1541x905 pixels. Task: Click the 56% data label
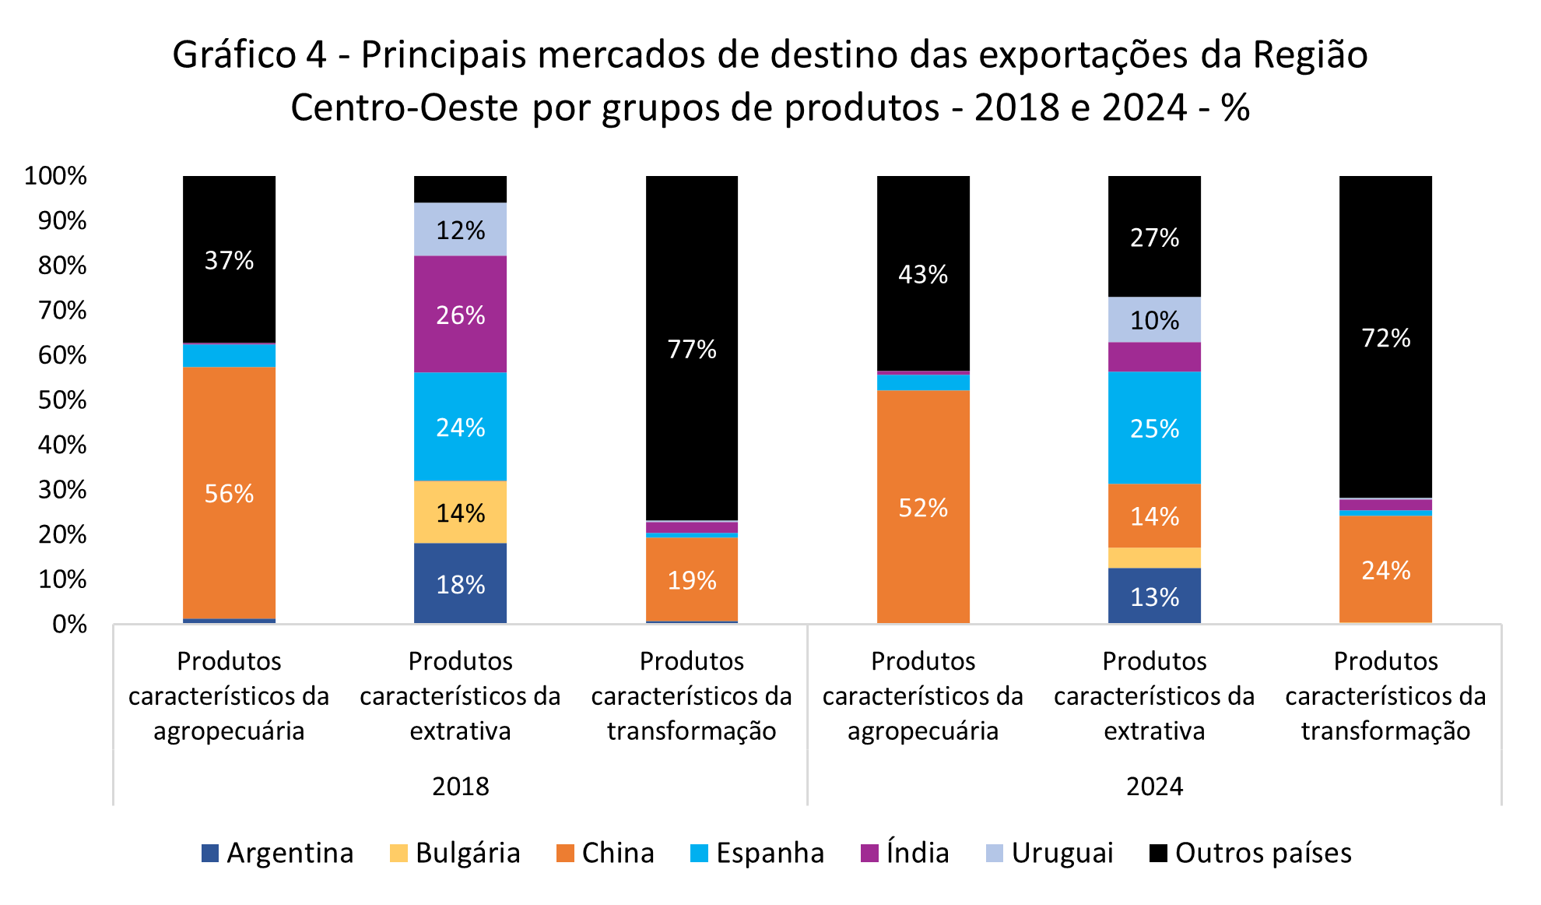point(229,494)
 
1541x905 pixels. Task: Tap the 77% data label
point(692,349)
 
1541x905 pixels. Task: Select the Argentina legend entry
point(277,853)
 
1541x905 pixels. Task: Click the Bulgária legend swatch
point(398,853)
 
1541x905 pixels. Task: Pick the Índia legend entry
point(905,853)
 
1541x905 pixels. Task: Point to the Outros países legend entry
point(1251,853)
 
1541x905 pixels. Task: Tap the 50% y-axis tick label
point(62,400)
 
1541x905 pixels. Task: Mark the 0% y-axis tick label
point(69,625)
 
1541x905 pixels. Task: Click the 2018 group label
point(460,787)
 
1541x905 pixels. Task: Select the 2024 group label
point(1154,787)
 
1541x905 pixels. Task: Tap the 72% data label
point(1385,338)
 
